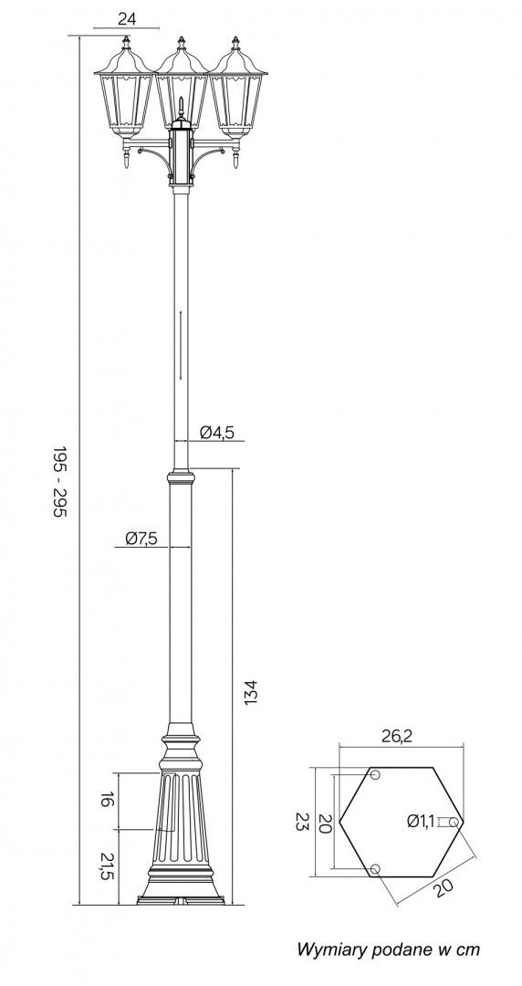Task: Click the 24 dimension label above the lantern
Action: tap(127, 19)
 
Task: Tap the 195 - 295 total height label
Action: tap(59, 481)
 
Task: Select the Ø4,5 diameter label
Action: tap(217, 432)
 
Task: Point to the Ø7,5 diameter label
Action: tap(141, 539)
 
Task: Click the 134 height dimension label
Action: tap(250, 692)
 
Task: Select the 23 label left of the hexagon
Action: tap(302, 822)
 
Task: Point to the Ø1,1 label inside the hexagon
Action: tap(421, 821)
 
